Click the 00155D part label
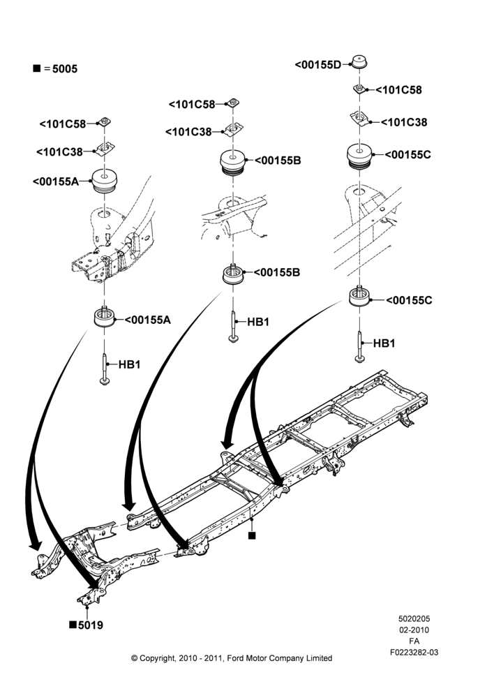(x=317, y=65)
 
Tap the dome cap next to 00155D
(x=359, y=62)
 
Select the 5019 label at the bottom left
(x=90, y=625)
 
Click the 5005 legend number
(x=65, y=68)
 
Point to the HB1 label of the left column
(x=130, y=364)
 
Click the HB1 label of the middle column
(x=258, y=321)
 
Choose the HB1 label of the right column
(x=384, y=343)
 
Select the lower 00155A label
(x=147, y=320)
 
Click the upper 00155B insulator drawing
(x=233, y=163)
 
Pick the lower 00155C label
(x=409, y=300)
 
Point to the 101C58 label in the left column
(x=63, y=124)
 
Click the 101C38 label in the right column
(x=404, y=122)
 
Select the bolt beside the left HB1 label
(x=105, y=369)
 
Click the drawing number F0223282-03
(x=414, y=652)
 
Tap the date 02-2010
(x=414, y=630)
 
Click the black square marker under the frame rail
(x=252, y=535)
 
